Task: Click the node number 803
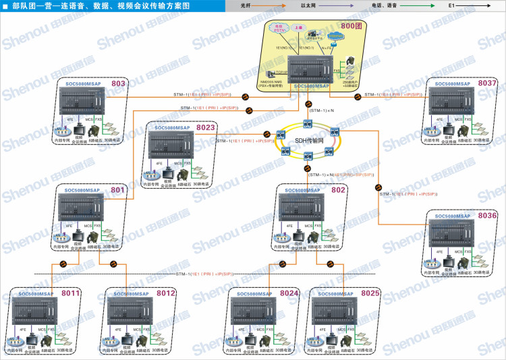pyautogui.click(x=118, y=84)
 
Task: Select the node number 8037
pyautogui.click(x=487, y=83)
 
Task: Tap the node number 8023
pyautogui.click(x=205, y=127)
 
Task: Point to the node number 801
pyautogui.click(x=118, y=191)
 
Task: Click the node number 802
pyautogui.click(x=338, y=191)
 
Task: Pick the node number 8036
pyautogui.click(x=487, y=216)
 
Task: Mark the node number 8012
pyautogui.click(x=166, y=293)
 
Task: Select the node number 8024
pyautogui.click(x=289, y=293)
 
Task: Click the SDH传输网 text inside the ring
pyautogui.click(x=309, y=141)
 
